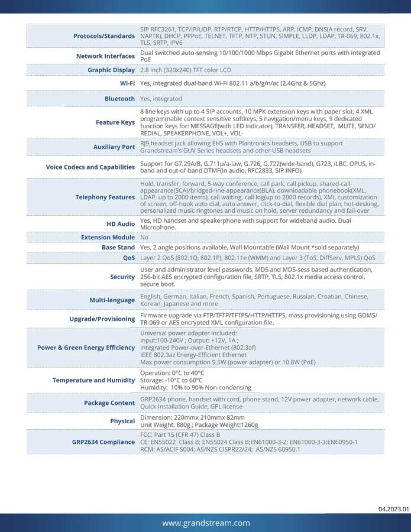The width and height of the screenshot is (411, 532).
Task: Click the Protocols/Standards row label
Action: pyautogui.click(x=103, y=36)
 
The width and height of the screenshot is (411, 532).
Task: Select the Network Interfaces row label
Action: pyautogui.click(x=105, y=56)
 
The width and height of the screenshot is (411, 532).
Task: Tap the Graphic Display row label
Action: pyautogui.click(x=111, y=70)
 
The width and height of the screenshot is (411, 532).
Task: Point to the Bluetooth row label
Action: pyautogui.click(x=119, y=99)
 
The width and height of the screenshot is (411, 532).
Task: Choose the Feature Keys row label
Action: pyautogui.click(x=115, y=123)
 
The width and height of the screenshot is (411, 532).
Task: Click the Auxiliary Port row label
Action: pyautogui.click(x=114, y=147)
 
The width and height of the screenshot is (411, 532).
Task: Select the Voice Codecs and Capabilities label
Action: pyautogui.click(x=90, y=167)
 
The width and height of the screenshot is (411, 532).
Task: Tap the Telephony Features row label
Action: pyautogui.click(x=105, y=197)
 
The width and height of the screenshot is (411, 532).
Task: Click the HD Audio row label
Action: pyautogui.click(x=120, y=224)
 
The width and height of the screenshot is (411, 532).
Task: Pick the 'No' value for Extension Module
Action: pyautogui.click(x=144, y=237)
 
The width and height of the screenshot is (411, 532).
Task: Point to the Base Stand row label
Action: pyautogui.click(x=118, y=248)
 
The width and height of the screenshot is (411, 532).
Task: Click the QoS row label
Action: pyautogui.click(x=129, y=258)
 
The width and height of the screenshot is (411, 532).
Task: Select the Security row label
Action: pyautogui.click(x=122, y=277)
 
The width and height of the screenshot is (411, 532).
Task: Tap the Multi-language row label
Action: pyautogui.click(x=112, y=300)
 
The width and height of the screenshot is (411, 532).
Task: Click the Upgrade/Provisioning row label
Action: pyautogui.click(x=102, y=319)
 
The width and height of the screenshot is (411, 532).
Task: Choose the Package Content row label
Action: pyautogui.click(x=109, y=403)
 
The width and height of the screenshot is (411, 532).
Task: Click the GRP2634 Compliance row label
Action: pyautogui.click(x=103, y=442)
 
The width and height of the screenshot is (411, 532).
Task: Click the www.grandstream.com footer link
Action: pyautogui.click(x=206, y=523)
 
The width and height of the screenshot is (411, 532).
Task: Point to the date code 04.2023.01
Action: pyautogui.click(x=393, y=508)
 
